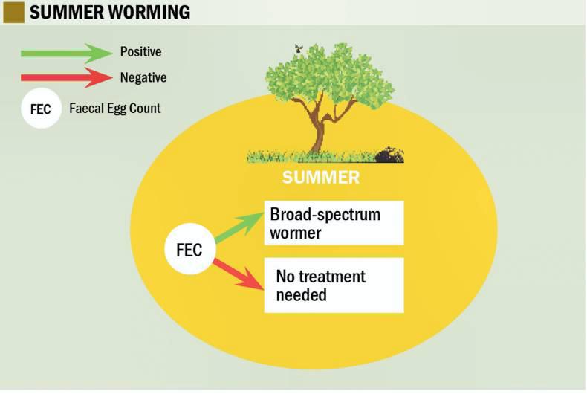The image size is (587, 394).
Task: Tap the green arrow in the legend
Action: (65, 53)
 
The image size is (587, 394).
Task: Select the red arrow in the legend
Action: (65, 77)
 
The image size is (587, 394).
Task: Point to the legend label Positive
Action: (140, 53)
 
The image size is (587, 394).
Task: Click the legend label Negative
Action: (143, 77)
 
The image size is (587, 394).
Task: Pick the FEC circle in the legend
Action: (41, 109)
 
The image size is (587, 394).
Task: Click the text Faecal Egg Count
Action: (114, 109)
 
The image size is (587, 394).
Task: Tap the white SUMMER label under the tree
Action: (320, 178)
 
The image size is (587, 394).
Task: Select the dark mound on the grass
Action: (389, 155)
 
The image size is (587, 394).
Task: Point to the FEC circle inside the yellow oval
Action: (189, 249)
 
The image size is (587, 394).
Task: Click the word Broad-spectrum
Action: (325, 215)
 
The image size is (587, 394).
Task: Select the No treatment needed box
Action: (334, 285)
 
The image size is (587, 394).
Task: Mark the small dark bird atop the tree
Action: (299, 48)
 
